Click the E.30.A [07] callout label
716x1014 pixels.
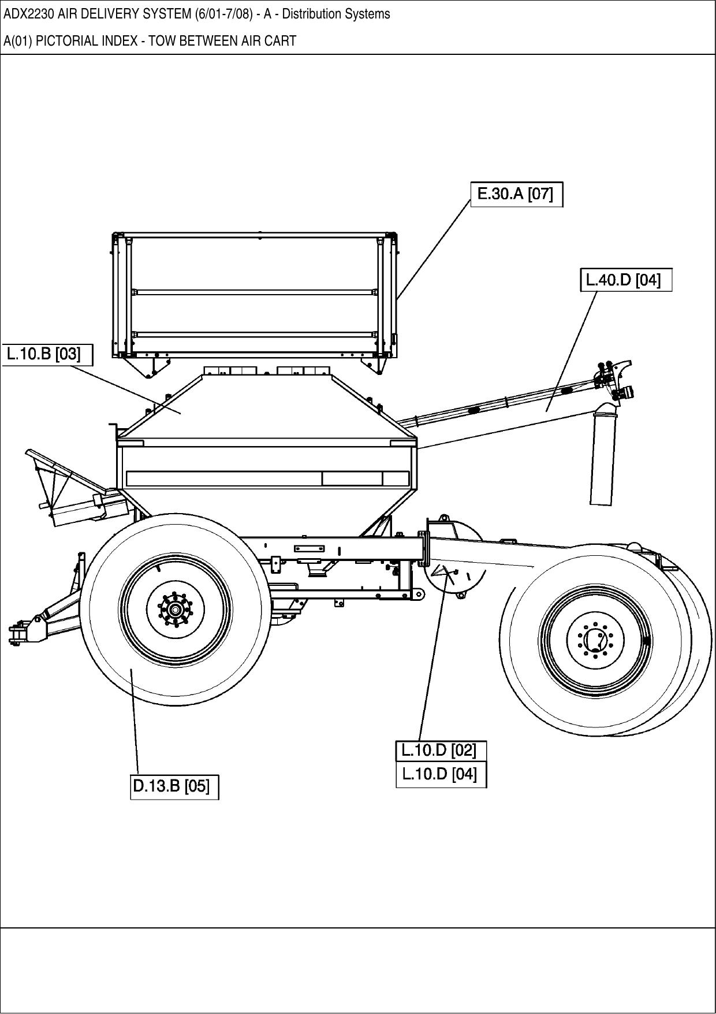516,194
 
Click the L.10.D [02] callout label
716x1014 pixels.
441,751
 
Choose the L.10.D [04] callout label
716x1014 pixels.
441,774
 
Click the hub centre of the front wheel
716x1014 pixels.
176,610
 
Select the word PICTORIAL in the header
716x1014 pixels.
61,41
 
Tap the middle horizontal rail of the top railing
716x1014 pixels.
254,292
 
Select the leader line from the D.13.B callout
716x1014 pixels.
135,722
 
